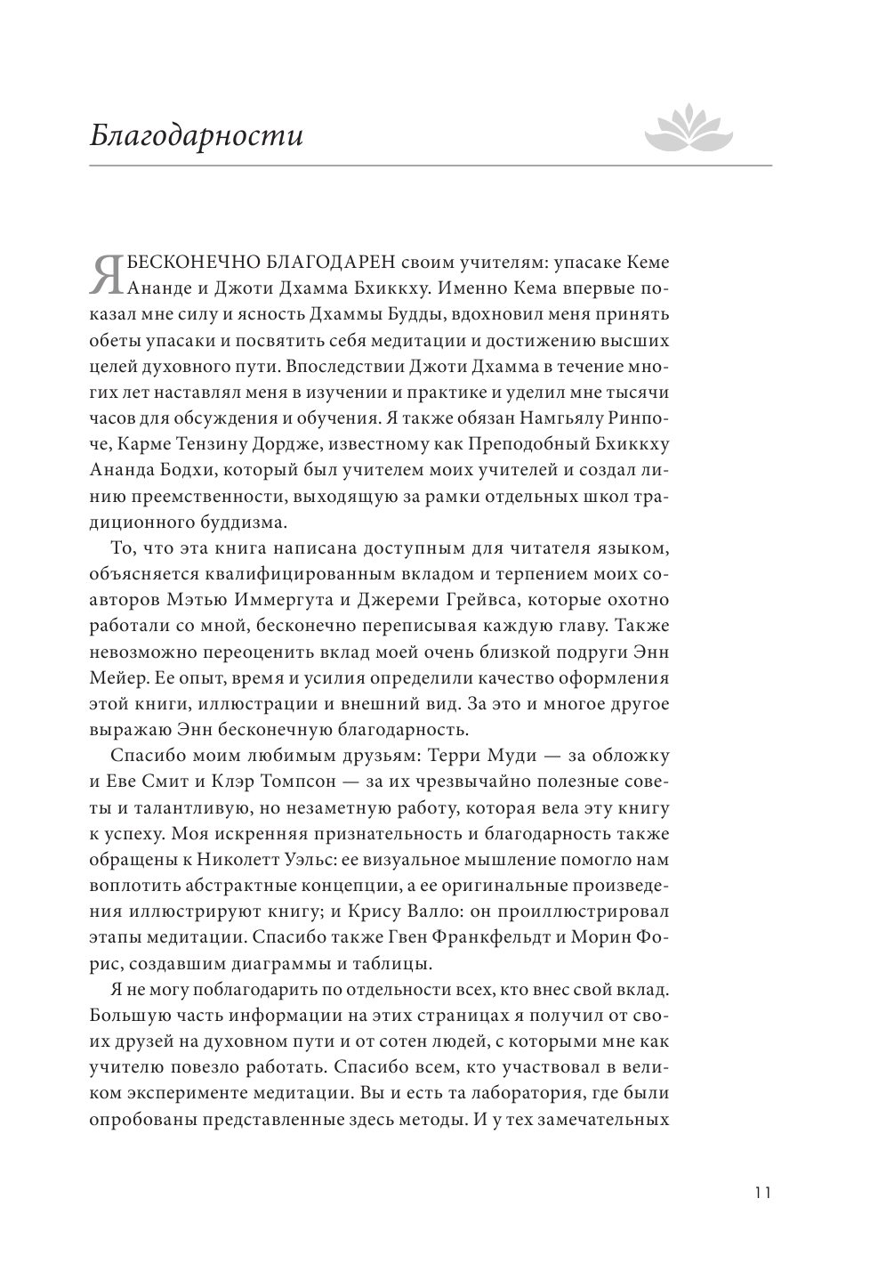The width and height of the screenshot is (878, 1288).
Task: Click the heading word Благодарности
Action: click(x=197, y=136)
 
